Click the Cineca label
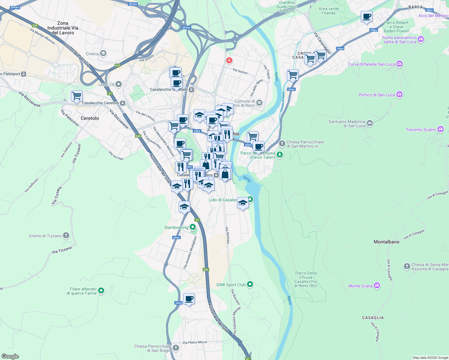click(92, 54)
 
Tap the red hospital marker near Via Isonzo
click(229, 61)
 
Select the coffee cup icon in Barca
click(366, 16)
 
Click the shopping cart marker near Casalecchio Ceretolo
click(77, 96)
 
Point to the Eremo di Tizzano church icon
click(66, 236)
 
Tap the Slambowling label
click(176, 228)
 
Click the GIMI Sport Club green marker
click(250, 284)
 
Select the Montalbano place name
click(386, 242)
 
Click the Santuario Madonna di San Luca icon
click(370, 123)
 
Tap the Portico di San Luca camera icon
click(399, 94)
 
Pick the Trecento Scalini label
click(420, 130)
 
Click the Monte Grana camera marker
click(377, 286)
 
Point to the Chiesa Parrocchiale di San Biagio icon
click(176, 348)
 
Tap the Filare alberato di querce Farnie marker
click(101, 290)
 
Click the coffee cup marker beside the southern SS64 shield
click(189, 299)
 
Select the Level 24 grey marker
click(119, 84)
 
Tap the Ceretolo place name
click(90, 118)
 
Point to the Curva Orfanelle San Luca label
click(372, 64)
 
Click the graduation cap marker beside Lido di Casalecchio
click(243, 203)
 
